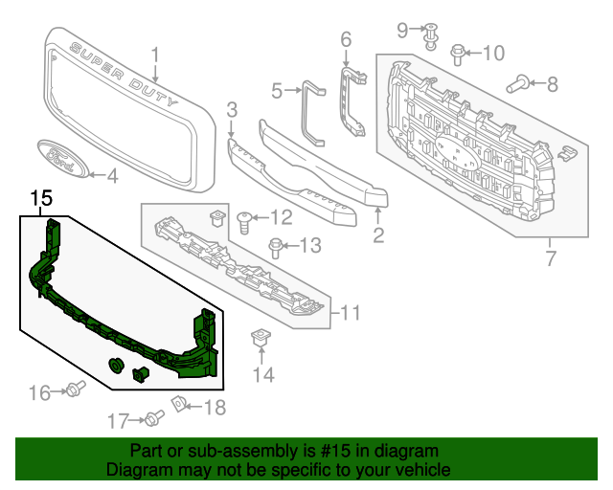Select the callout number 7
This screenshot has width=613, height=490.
(x=551, y=258)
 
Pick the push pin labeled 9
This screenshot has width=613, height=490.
(x=431, y=33)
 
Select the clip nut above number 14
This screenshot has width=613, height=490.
(x=259, y=338)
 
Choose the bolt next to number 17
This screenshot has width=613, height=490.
(x=154, y=418)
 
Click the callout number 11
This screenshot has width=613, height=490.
(x=351, y=312)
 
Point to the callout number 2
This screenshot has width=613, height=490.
(x=378, y=234)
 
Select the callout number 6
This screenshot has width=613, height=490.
(x=347, y=39)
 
